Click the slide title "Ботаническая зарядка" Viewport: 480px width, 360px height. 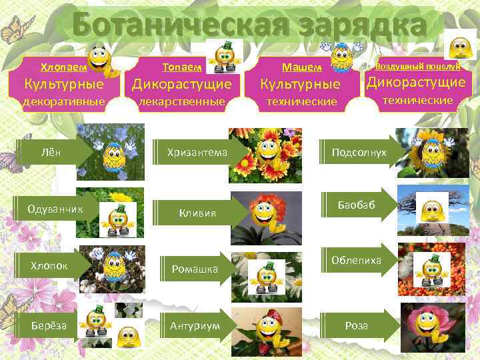[247, 26]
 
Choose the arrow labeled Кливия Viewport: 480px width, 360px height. [197, 213]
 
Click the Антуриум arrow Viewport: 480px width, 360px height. [194, 326]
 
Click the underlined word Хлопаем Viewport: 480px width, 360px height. [63, 67]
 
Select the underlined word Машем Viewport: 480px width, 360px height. [301, 67]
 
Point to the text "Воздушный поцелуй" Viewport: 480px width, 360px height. [418, 66]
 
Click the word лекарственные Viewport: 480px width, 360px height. [181, 102]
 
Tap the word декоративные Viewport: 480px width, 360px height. [64, 102]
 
